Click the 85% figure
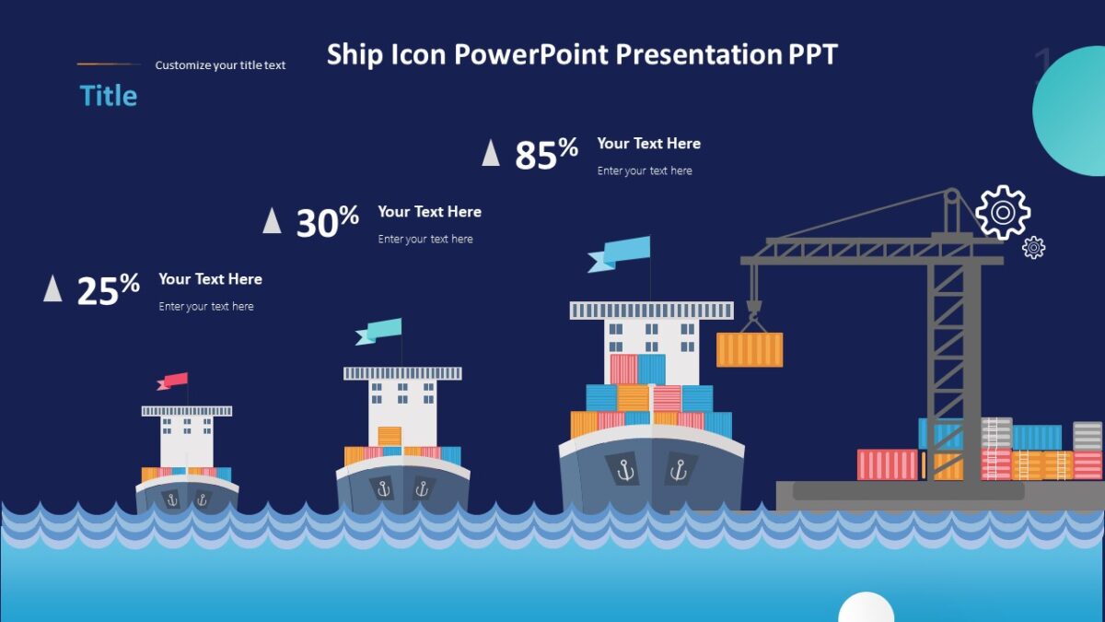[x=546, y=155]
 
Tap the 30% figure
[x=327, y=222]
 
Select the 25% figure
[x=108, y=290]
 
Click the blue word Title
[x=109, y=96]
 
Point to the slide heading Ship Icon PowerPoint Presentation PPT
[x=582, y=54]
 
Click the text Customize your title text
[x=220, y=65]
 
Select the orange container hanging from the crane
[x=750, y=350]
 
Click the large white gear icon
[x=1002, y=212]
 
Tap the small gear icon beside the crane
[x=1034, y=247]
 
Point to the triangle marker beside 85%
[x=491, y=153]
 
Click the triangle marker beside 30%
[x=272, y=221]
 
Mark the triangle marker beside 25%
[x=52, y=288]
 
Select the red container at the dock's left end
[x=887, y=464]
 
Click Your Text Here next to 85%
[x=648, y=144]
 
